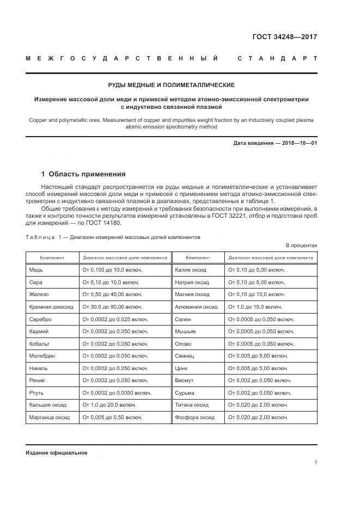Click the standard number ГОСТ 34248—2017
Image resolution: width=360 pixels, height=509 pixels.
click(x=285, y=37)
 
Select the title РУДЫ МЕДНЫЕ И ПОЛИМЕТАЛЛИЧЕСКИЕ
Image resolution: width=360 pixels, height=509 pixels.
click(x=171, y=85)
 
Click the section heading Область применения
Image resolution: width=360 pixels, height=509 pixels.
click(x=87, y=174)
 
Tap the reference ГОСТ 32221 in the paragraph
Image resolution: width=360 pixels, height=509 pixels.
click(x=230, y=216)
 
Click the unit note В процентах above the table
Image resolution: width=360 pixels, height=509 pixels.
click(x=301, y=246)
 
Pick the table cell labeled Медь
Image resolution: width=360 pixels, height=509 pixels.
click(x=36, y=269)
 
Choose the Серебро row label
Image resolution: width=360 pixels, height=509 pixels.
click(x=40, y=319)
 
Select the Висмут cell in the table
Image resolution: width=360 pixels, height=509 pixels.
click(x=184, y=380)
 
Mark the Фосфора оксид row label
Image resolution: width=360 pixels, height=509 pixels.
click(x=194, y=417)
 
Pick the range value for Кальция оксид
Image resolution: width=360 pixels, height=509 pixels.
click(x=109, y=404)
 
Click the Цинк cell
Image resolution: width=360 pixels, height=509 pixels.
click(x=181, y=368)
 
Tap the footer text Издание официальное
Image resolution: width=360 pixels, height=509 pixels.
click(x=56, y=452)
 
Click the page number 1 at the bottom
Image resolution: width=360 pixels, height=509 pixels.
click(x=315, y=462)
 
